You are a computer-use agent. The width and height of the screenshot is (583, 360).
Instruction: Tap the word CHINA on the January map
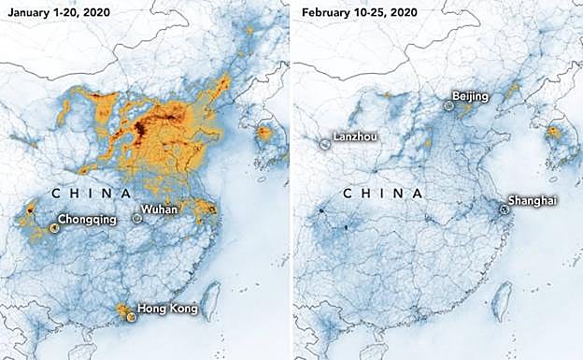(x=91, y=193)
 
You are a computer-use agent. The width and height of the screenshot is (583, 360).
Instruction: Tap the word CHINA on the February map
(x=380, y=193)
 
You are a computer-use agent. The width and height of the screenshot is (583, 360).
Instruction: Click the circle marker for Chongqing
(x=54, y=228)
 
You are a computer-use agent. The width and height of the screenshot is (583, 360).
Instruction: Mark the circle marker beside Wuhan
(x=137, y=218)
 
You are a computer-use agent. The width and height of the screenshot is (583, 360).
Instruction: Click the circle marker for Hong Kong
(x=131, y=317)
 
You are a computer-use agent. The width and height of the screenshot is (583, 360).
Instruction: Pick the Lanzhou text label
(x=355, y=137)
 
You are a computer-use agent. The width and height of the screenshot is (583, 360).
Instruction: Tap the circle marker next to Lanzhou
(x=325, y=144)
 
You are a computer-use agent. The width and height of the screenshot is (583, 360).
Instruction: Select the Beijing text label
(x=469, y=96)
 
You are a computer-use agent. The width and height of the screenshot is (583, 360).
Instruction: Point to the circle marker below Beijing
(x=449, y=108)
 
